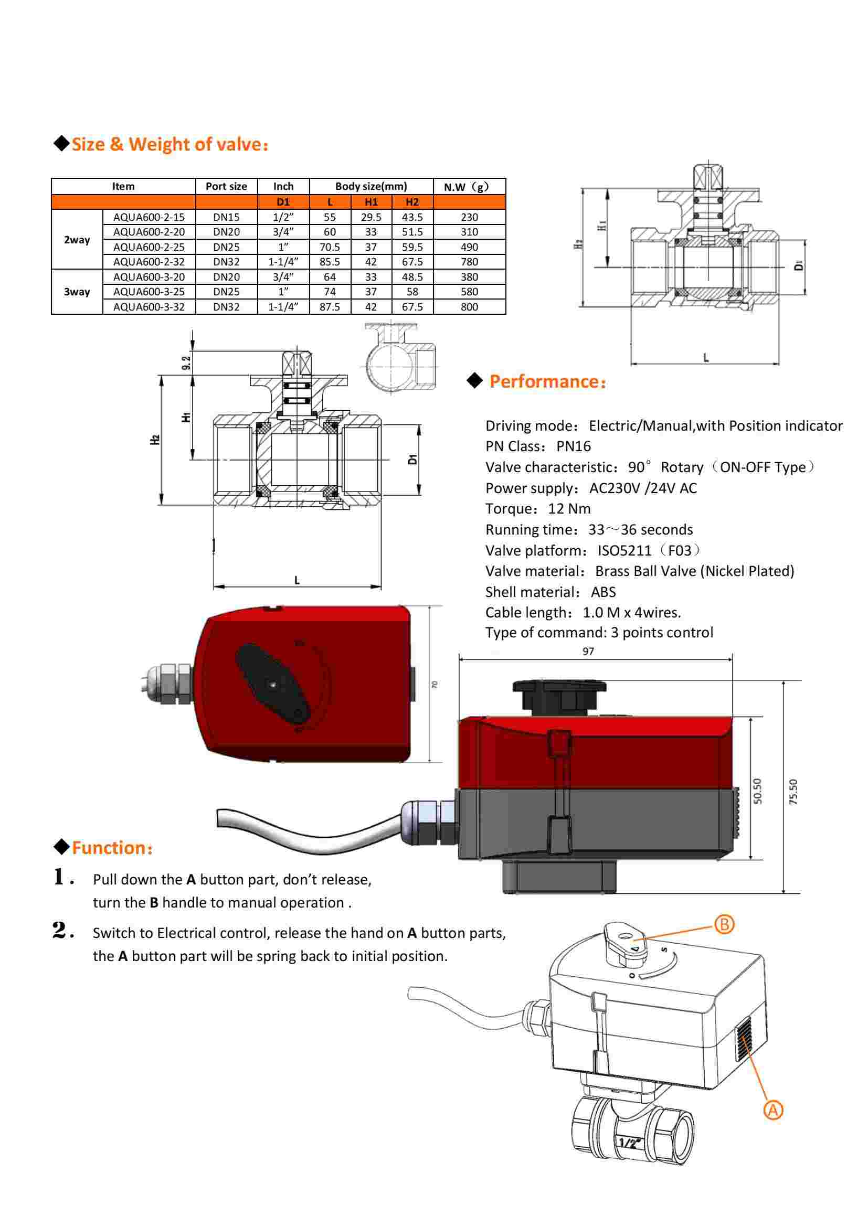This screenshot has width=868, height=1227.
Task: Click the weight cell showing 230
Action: [469, 217]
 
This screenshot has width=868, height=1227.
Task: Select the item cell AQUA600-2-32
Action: [149, 262]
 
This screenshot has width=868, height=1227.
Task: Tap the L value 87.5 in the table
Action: [330, 307]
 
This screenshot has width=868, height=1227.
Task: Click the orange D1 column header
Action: [283, 202]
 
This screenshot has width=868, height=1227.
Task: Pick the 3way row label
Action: [77, 292]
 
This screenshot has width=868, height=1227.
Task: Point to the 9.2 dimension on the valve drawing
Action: [186, 363]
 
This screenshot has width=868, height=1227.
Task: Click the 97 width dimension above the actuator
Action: [588, 651]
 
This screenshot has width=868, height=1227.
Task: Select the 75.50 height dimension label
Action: [792, 792]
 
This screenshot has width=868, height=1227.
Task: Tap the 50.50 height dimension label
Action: [757, 791]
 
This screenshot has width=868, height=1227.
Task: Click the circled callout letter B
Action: [724, 924]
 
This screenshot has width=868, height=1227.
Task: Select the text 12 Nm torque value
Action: [569, 509]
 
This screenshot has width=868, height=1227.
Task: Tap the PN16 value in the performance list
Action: [574, 446]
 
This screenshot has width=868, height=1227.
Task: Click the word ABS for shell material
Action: [603, 592]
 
